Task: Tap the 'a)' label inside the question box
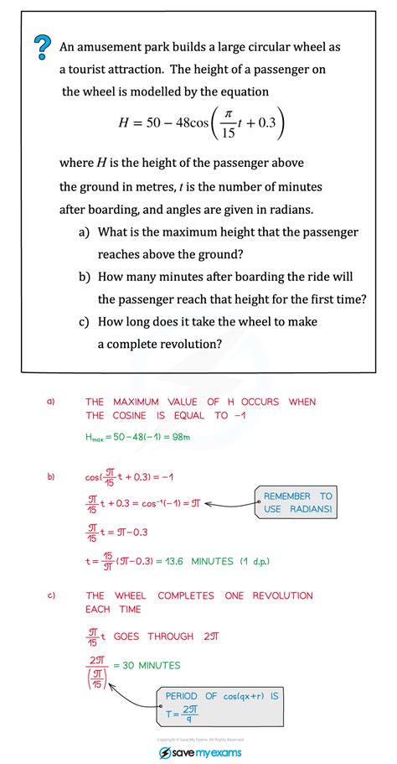tap(84, 231)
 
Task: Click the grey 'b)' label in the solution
tap(51, 477)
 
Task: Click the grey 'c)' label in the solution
tap(51, 595)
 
